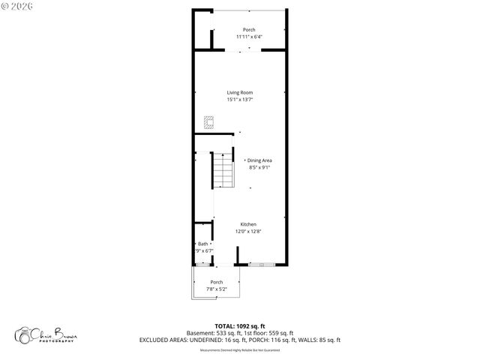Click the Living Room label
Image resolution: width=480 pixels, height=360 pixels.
point(240,92)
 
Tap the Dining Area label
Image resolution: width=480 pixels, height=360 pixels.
point(259,160)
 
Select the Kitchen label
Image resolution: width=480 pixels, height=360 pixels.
point(248,224)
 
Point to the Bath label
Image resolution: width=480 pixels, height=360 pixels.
point(202,244)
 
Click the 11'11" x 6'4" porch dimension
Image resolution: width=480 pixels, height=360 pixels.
point(248,36)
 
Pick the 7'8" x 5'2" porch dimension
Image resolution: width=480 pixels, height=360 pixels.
point(216,289)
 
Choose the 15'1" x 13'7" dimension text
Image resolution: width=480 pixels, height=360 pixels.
point(240,99)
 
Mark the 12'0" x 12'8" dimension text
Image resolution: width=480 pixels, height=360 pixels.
point(248,231)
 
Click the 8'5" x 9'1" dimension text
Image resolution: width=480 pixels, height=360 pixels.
point(259,167)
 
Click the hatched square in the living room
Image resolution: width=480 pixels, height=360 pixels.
point(210,121)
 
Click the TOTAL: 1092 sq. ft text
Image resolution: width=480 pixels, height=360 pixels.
point(240,325)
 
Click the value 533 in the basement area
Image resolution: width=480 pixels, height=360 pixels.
point(224,332)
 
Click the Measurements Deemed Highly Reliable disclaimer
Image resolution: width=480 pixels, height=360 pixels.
point(240,349)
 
